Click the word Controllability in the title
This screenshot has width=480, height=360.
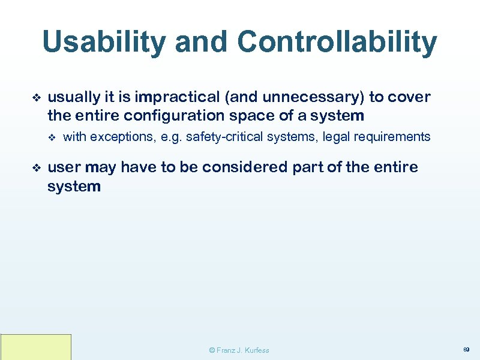click(x=337, y=43)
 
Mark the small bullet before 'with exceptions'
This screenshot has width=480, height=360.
click(x=51, y=137)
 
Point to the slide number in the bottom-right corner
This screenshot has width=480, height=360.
click(x=466, y=349)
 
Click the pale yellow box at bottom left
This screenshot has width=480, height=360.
click(x=36, y=347)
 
